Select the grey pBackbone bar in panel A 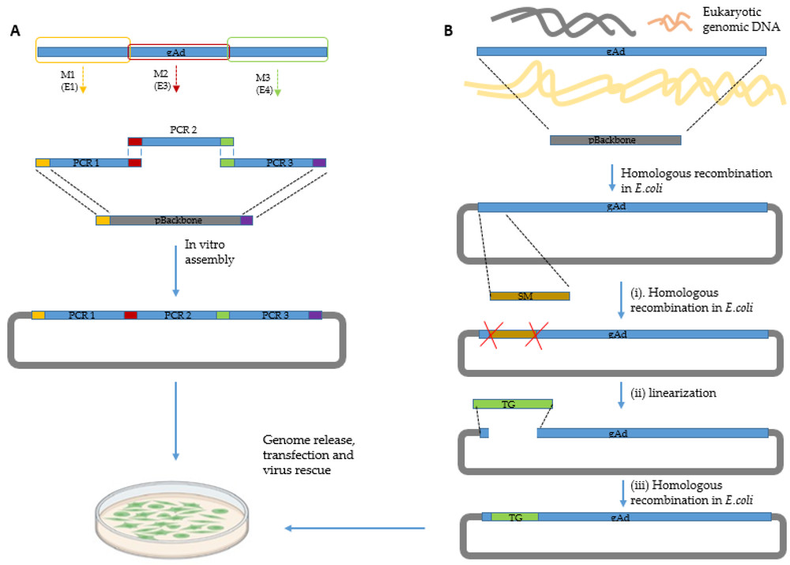pyautogui.click(x=175, y=220)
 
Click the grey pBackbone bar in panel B pyautogui.click(x=615, y=140)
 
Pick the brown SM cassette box pyautogui.click(x=529, y=296)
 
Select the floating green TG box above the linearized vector pyautogui.click(x=512, y=404)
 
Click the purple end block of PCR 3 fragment pyautogui.click(x=319, y=163)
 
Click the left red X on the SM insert pyautogui.click(x=487, y=335)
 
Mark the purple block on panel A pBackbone pyautogui.click(x=246, y=220)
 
